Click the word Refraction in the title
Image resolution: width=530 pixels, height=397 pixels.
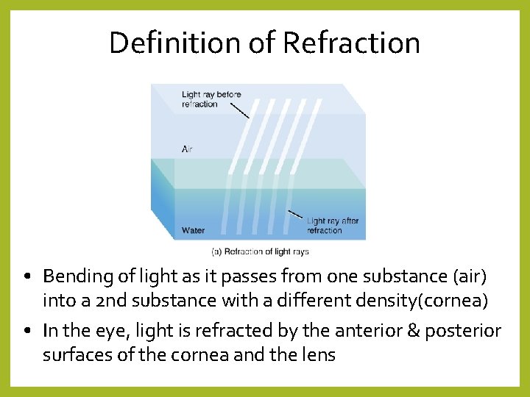point(351,43)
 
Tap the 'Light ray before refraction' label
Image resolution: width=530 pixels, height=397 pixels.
point(211,99)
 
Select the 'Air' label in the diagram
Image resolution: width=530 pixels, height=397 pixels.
point(188,149)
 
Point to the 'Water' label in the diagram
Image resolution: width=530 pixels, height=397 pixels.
point(193,230)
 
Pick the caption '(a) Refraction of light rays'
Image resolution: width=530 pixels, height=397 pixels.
point(261,251)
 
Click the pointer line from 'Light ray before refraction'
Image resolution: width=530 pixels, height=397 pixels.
point(239,110)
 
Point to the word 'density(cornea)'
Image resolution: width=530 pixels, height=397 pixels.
point(417,301)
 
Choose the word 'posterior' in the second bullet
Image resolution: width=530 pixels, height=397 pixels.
point(462,331)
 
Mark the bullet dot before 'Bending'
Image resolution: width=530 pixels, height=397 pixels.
point(26,278)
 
